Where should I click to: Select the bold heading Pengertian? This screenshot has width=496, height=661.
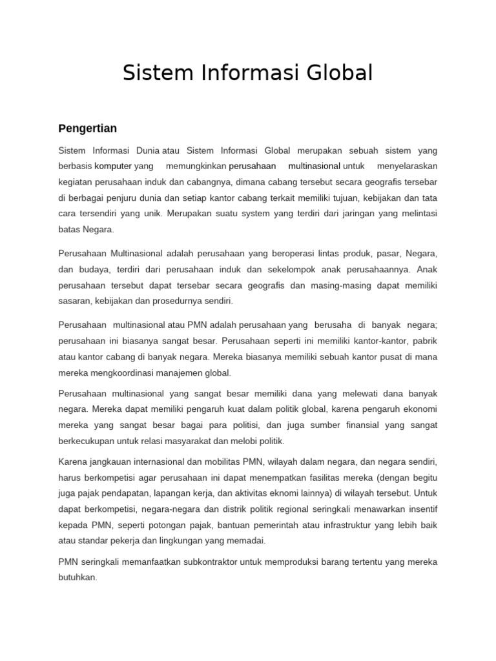coord(87,128)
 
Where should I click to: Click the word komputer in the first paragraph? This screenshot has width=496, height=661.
coord(113,166)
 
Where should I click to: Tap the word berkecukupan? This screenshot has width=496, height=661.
coord(87,441)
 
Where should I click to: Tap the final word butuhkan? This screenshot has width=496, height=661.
coord(77,578)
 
